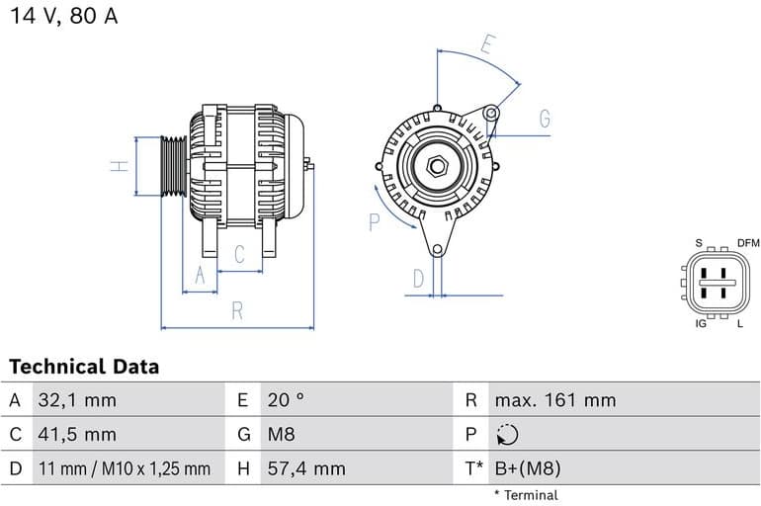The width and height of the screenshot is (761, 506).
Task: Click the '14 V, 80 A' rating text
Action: (x=64, y=17)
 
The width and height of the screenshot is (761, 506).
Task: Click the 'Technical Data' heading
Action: (x=84, y=367)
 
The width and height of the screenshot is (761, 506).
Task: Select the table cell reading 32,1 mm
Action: (x=77, y=400)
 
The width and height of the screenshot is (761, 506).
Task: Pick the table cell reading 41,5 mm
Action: (x=77, y=434)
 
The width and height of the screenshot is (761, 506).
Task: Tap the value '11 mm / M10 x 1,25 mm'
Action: (x=124, y=468)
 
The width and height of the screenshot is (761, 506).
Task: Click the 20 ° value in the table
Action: (x=286, y=400)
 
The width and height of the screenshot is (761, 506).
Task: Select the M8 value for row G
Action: (x=281, y=434)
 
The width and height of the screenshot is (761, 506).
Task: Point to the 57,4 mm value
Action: (x=305, y=468)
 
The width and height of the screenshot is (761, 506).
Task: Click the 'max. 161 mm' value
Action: (x=554, y=400)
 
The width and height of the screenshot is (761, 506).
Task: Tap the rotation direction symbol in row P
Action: (x=506, y=435)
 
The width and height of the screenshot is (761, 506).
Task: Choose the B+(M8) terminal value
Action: (x=527, y=468)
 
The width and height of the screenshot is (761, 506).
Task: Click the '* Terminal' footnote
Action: (x=526, y=495)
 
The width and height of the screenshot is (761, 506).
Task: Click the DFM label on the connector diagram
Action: (x=748, y=243)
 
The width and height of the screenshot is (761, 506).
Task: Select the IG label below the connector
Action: (x=701, y=323)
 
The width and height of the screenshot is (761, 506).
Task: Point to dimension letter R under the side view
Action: (x=237, y=310)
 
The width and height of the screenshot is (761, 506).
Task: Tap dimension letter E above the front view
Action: (x=486, y=44)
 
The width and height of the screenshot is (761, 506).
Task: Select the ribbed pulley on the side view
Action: (x=174, y=166)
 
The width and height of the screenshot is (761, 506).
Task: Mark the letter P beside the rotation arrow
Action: (x=375, y=222)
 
